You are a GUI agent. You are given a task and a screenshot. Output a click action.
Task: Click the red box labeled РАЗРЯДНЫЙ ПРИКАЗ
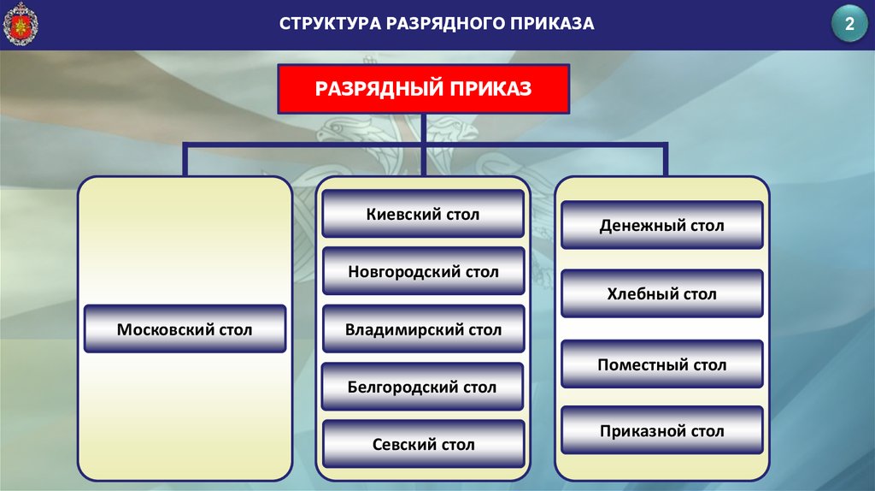pyautogui.click(x=423, y=88)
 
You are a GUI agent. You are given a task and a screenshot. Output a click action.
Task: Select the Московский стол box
pyautogui.click(x=185, y=329)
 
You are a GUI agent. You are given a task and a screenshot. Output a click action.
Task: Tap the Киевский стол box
pyautogui.click(x=423, y=214)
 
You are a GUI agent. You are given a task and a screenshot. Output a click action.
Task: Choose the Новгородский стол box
pyautogui.click(x=423, y=272)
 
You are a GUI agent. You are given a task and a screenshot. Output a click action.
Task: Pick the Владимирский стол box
pyautogui.click(x=423, y=329)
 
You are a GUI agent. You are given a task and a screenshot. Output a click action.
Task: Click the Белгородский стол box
pyautogui.click(x=422, y=387)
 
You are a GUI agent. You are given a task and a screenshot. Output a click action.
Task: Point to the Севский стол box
pyautogui.click(x=423, y=444)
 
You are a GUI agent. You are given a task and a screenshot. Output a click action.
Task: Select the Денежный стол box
pyautogui.click(x=661, y=226)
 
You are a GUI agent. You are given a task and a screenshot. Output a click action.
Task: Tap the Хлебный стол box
pyautogui.click(x=661, y=294)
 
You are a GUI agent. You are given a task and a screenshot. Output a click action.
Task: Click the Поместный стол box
pyautogui.click(x=661, y=364)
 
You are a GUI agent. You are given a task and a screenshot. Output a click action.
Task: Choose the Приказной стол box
pyautogui.click(x=661, y=431)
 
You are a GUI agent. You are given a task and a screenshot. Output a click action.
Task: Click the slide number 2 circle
pyautogui.click(x=849, y=25)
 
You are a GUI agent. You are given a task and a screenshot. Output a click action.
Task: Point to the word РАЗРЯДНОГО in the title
pyautogui.click(x=443, y=24)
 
